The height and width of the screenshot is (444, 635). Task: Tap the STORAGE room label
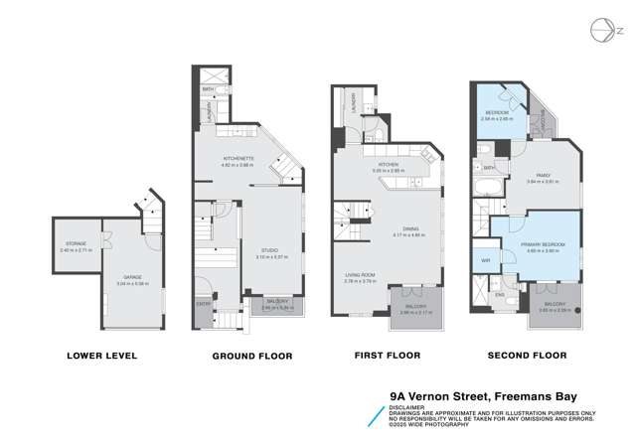tap(75, 242)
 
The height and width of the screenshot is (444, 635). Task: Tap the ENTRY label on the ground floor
tap(202, 303)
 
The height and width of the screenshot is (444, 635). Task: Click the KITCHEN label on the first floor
tap(389, 166)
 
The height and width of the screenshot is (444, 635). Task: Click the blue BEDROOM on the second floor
tap(498, 114)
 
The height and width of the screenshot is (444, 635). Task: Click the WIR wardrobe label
tap(486, 260)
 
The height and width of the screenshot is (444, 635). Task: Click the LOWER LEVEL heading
tap(100, 355)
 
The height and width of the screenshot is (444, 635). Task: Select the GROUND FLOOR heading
tap(243, 355)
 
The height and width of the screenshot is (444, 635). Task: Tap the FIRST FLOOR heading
tap(388, 355)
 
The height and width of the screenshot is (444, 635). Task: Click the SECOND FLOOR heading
tap(528, 355)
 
